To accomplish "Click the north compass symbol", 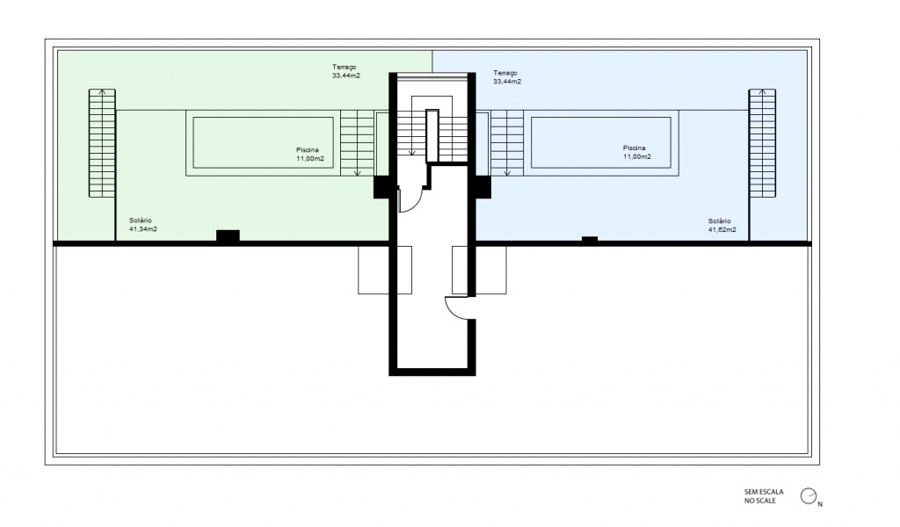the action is click(809, 496).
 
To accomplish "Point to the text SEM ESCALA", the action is click(764, 492).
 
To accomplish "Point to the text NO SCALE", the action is click(760, 501).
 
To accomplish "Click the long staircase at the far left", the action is click(102, 143).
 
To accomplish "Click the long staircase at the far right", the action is click(762, 143).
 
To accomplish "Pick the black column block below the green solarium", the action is click(228, 235).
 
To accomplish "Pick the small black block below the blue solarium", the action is click(590, 239).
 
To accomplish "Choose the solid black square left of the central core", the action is click(383, 187).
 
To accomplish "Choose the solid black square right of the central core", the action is click(482, 187).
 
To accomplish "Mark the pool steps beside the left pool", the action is click(357, 143).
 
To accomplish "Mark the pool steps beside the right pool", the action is click(507, 143).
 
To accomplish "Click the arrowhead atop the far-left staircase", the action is click(102, 91).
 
